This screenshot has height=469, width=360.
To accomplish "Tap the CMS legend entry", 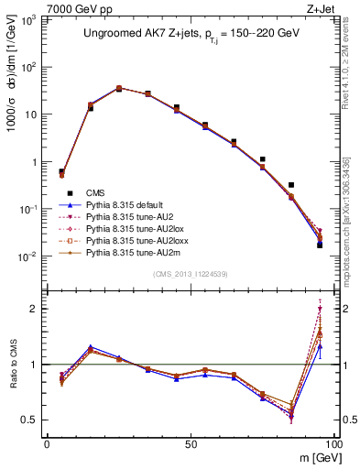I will coord(96,192).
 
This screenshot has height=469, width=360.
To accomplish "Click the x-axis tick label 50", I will coord(189,444).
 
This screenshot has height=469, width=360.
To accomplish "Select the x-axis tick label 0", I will coord(47,444).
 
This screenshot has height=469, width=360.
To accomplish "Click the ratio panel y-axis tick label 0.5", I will coord(30,420).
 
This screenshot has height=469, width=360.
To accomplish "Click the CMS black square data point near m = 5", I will coord(61,171).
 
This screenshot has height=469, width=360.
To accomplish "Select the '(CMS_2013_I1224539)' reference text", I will coord(190,273).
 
